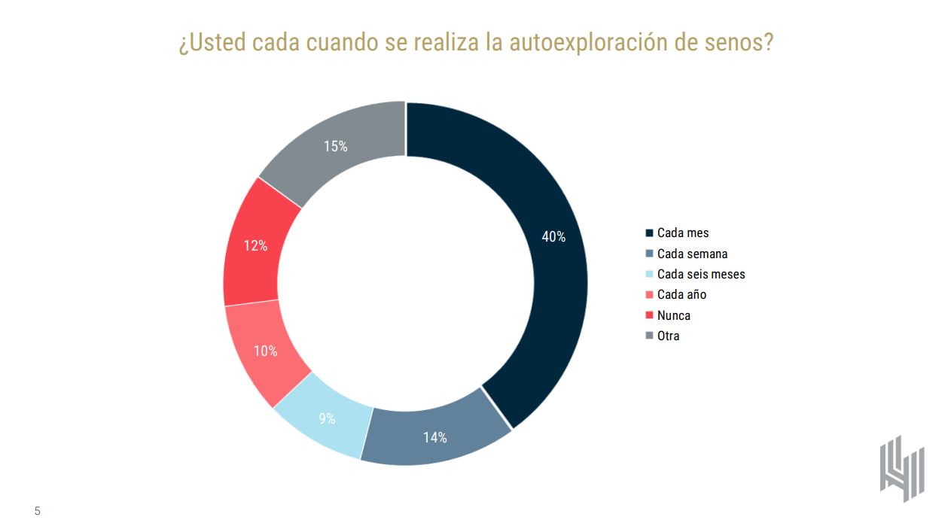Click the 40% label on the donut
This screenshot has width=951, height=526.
tap(553, 236)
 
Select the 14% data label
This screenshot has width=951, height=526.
tap(434, 437)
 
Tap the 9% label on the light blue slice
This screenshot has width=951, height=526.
tap(327, 419)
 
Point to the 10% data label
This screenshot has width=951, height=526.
tap(265, 351)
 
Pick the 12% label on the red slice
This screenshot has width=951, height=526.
tap(255, 245)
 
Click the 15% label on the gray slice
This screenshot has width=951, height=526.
tap(336, 147)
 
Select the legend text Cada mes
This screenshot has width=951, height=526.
tap(683, 233)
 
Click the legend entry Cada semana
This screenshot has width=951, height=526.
tap(692, 254)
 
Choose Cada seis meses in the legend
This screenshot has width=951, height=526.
tap(701, 274)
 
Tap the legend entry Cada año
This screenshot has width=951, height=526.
tap(681, 295)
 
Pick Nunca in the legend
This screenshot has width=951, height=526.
tap(673, 315)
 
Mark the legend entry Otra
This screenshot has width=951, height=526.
tap(668, 336)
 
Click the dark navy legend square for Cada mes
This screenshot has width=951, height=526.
tap(650, 233)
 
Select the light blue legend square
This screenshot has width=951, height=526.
tap(650, 274)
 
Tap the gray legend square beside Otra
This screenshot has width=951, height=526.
tap(650, 336)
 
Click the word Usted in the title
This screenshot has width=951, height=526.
tap(218, 42)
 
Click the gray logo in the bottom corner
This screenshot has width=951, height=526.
tap(901, 468)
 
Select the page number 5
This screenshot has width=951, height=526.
tap(37, 512)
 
